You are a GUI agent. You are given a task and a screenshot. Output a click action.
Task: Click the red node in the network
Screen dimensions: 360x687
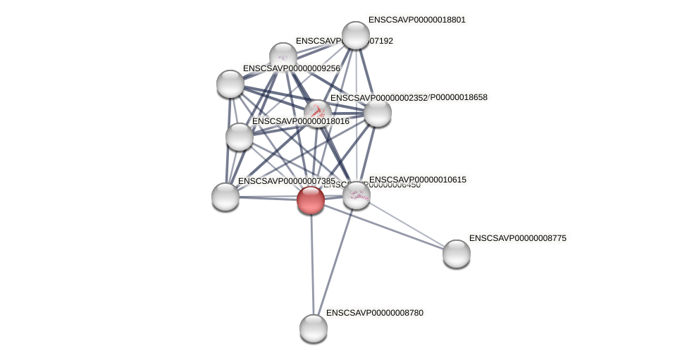click(311, 200)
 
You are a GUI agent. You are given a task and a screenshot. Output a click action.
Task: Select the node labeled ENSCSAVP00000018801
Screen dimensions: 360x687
click(356, 35)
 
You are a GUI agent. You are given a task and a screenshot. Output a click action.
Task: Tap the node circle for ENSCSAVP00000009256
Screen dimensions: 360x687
click(230, 84)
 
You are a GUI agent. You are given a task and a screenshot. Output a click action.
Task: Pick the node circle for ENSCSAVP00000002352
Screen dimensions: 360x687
click(318, 113)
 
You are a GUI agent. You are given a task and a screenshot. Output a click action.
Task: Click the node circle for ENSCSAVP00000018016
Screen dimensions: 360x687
click(240, 137)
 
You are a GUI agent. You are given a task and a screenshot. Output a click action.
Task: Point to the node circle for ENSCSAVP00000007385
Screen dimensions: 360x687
click(225, 197)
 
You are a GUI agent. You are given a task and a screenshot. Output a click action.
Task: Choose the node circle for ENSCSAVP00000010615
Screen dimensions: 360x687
click(357, 195)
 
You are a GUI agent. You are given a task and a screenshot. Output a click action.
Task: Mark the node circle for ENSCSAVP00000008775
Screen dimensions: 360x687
click(457, 254)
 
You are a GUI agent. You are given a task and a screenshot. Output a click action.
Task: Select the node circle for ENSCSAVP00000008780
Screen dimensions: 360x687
click(314, 328)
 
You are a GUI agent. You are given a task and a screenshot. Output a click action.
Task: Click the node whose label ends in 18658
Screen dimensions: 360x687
click(378, 113)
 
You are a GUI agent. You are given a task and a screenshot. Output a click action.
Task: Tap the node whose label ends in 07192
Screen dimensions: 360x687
click(283, 56)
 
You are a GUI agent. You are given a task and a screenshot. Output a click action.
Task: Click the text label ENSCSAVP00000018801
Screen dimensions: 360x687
click(416, 20)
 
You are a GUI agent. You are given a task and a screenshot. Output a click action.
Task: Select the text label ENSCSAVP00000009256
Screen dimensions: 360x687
click(291, 68)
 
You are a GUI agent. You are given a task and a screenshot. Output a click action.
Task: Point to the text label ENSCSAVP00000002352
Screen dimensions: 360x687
click(378, 98)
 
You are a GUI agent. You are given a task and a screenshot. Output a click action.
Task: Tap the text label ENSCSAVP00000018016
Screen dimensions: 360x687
click(300, 121)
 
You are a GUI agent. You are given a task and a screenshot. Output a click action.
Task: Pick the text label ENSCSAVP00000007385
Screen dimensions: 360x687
click(286, 181)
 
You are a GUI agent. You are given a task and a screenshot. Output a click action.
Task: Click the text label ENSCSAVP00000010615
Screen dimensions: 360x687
click(417, 180)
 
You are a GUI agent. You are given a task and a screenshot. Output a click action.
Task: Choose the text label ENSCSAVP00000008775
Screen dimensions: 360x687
click(517, 238)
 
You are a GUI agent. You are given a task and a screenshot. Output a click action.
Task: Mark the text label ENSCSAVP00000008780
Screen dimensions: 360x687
click(374, 313)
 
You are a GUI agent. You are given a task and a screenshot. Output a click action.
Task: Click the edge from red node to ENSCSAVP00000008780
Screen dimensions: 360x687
click(312, 264)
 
